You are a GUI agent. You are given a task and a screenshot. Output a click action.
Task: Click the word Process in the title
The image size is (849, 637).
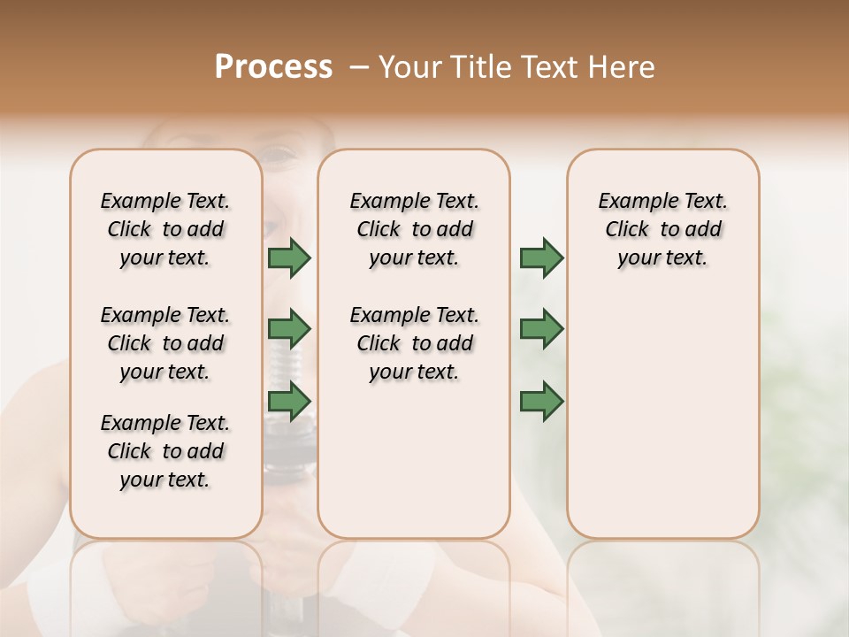273,67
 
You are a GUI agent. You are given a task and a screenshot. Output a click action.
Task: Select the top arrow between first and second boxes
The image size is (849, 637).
289,258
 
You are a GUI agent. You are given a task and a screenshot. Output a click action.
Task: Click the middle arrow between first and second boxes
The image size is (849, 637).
289,330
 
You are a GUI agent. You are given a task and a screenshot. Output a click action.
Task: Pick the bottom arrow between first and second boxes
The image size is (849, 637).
289,402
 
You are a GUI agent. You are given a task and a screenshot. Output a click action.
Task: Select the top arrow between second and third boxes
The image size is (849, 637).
541,258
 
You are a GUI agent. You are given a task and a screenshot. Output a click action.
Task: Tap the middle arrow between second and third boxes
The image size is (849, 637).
541,330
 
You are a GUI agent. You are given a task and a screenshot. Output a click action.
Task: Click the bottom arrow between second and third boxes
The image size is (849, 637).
541,402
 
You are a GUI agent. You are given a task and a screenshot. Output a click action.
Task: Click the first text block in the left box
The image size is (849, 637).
165,229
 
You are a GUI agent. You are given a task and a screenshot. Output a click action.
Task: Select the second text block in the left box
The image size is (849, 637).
165,343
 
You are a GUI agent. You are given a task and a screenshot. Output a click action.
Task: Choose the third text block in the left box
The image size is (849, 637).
165,451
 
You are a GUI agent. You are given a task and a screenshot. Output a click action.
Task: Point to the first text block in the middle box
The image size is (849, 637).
414,229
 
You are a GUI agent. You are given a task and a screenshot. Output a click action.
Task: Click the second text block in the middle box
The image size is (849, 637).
414,343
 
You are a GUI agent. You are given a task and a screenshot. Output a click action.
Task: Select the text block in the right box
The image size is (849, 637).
662,229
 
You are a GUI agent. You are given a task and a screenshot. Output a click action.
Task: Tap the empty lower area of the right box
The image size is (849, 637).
662,416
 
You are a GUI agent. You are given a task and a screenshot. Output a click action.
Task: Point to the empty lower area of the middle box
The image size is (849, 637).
414,460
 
